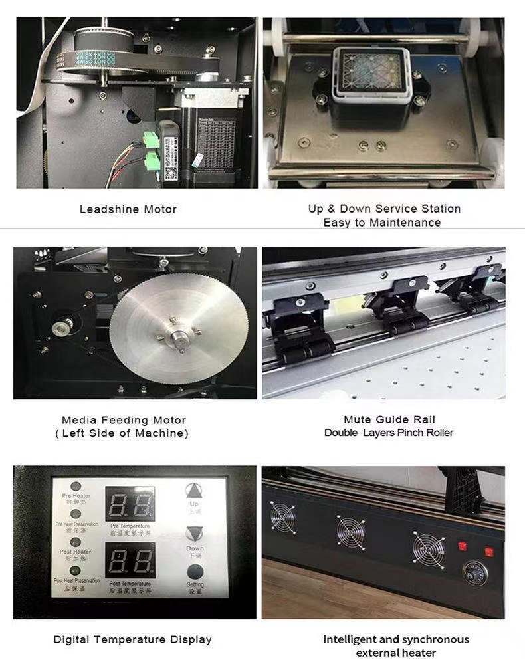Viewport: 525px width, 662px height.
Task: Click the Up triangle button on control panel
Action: (195, 492)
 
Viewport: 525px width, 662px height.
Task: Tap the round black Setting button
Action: (195, 572)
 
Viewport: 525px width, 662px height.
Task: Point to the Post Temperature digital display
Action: (130, 560)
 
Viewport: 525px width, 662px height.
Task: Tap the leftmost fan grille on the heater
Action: (283, 517)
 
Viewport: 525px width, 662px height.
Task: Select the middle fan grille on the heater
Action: (350, 531)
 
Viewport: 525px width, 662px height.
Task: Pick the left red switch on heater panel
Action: (462, 546)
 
